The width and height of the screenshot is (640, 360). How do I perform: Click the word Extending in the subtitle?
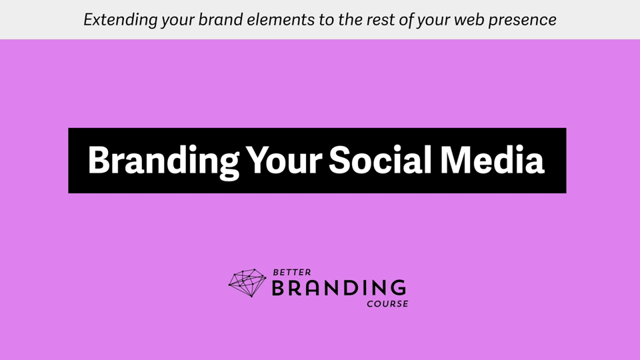coord(121,19)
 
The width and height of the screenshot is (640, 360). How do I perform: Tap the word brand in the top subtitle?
coord(221,19)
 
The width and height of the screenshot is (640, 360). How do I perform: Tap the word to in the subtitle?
coord(327,20)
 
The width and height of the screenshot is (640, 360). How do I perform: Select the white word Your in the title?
coord(284,159)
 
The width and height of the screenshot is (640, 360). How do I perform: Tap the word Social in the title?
coord(381,159)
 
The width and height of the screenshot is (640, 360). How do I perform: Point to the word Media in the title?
coord(492,159)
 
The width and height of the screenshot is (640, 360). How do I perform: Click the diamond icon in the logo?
coord(247,283)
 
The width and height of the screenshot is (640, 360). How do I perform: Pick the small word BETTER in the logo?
coord(292,272)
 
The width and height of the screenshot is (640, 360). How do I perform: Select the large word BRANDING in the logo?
coord(339,288)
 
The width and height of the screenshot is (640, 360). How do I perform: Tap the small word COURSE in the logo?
coord(387,304)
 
